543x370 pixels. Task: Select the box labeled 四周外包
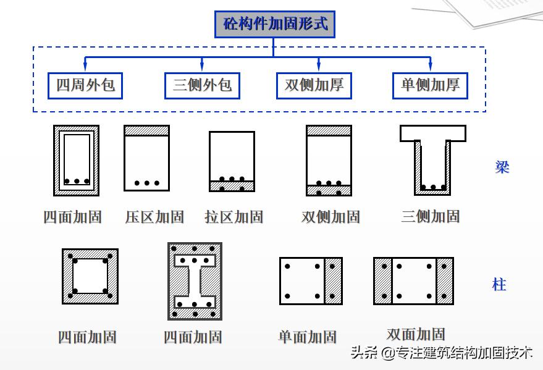[85, 85]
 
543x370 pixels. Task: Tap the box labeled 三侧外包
[202, 85]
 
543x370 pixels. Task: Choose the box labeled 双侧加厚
[314, 85]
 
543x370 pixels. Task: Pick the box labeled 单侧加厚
[431, 85]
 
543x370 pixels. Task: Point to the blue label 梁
[502, 167]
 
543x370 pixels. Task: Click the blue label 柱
[499, 285]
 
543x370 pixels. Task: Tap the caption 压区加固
[154, 217]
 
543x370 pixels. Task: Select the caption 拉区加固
[234, 217]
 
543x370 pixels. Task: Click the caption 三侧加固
[431, 216]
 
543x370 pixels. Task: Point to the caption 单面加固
[307, 337]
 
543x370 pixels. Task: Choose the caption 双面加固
[416, 334]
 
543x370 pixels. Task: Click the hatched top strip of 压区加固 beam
[146, 130]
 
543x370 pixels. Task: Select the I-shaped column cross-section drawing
[195, 281]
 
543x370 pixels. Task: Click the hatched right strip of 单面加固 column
[334, 281]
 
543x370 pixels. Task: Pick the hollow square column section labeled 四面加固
[90, 276]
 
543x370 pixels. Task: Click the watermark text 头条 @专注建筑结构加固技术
[441, 353]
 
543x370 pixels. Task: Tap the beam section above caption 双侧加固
[329, 161]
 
